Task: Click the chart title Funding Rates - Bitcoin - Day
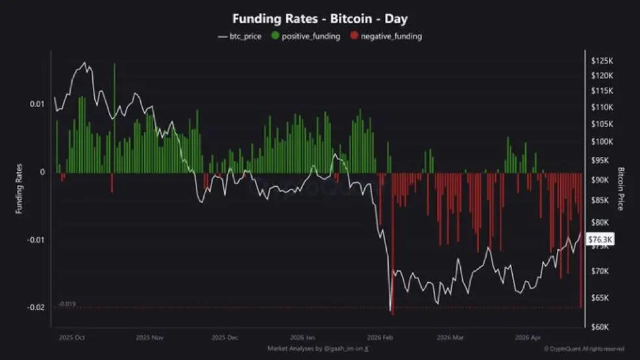[320, 19]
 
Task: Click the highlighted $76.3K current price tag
[600, 239]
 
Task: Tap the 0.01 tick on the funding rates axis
[38, 104]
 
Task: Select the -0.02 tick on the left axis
[36, 307]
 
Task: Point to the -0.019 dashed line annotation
[67, 304]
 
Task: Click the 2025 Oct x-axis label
[71, 338]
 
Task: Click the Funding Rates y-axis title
[19, 189]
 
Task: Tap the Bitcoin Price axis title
[621, 189]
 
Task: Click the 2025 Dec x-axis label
[225, 338]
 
